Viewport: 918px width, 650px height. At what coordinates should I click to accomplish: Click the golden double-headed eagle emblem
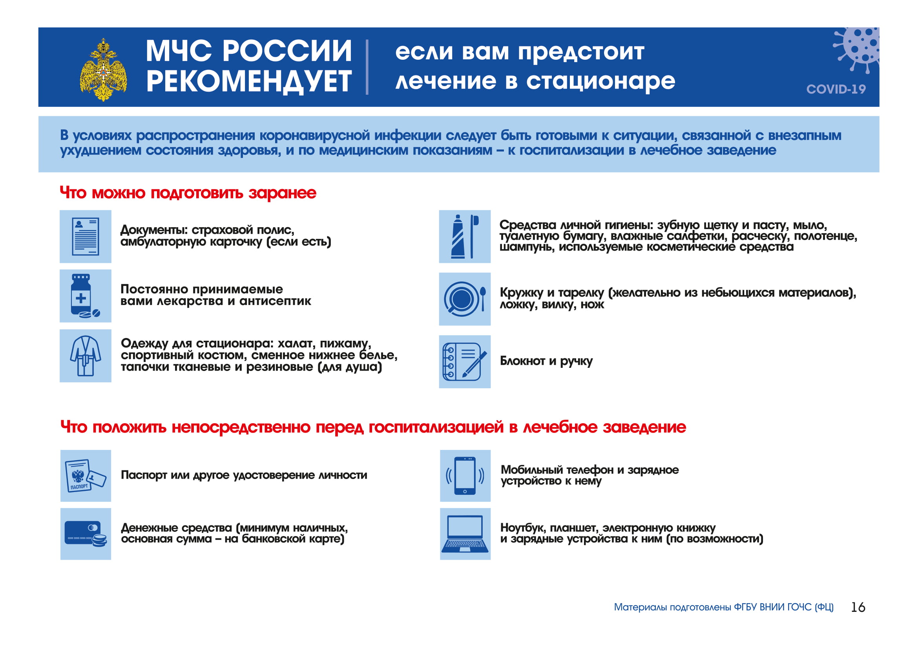click(x=104, y=70)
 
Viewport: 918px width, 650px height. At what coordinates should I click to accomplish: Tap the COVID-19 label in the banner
click(x=836, y=89)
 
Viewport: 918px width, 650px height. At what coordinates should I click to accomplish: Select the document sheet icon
click(x=86, y=237)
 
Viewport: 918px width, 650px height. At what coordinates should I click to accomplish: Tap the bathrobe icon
click(x=86, y=356)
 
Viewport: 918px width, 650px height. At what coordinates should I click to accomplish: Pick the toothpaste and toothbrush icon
click(x=465, y=237)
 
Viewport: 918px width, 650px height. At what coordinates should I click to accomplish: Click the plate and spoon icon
click(x=465, y=299)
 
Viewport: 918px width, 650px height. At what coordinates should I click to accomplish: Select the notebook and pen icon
click(x=465, y=362)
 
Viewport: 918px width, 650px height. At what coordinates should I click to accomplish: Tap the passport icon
click(x=86, y=476)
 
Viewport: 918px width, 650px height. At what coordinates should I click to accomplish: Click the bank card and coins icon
click(x=86, y=534)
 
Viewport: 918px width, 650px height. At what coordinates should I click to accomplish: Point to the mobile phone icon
click(x=465, y=476)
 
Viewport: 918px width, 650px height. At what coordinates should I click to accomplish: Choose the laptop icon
click(x=465, y=534)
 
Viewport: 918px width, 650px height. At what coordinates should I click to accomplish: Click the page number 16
click(x=858, y=608)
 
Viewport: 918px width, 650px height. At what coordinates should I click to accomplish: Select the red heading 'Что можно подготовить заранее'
click(x=188, y=193)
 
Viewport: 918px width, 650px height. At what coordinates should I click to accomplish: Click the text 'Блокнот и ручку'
click(x=546, y=361)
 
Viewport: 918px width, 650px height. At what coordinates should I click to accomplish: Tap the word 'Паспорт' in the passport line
click(x=144, y=475)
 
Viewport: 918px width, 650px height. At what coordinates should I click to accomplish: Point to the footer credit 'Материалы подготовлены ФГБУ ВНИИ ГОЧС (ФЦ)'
click(x=724, y=608)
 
